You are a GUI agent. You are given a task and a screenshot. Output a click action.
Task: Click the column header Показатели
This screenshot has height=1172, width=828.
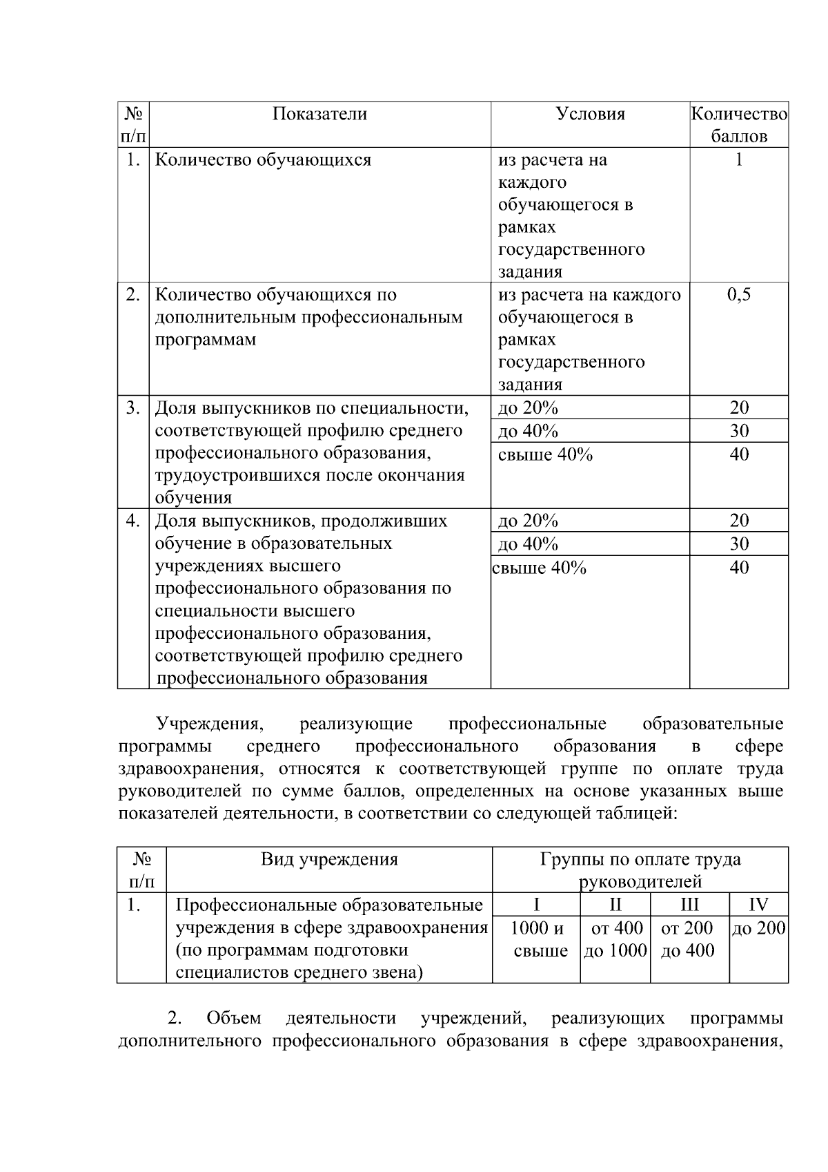click(319, 114)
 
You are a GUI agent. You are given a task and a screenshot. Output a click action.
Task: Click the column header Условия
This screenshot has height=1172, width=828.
click(590, 114)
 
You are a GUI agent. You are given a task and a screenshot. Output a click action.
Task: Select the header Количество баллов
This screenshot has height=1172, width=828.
click(739, 124)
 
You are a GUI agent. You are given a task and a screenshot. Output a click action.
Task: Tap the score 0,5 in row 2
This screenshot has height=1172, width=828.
click(739, 295)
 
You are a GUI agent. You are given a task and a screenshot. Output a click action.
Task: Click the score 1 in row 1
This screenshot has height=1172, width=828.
click(739, 160)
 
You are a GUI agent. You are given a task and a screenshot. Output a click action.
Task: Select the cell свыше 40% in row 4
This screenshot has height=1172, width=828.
click(539, 568)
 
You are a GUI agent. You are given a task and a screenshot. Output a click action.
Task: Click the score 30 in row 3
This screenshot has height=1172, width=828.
click(739, 431)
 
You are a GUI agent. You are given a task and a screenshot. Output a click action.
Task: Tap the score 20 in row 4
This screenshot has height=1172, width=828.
click(739, 521)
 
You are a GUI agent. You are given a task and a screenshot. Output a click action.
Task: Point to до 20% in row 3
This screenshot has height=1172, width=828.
click(528, 407)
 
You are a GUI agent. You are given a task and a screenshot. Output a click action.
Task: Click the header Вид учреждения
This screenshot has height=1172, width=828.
click(329, 859)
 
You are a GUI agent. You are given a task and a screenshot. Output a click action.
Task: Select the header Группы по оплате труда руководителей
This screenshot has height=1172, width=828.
click(640, 870)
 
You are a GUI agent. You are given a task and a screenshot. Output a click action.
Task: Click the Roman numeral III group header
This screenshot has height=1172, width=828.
click(689, 905)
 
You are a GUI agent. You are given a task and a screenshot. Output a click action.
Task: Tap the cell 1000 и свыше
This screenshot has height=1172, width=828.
click(537, 939)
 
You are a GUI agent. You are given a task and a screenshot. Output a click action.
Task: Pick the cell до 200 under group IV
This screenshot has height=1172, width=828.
click(758, 928)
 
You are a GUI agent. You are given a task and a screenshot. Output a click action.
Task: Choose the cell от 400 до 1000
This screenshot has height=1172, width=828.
click(615, 939)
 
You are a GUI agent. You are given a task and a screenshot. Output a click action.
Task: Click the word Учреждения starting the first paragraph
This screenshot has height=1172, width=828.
click(210, 724)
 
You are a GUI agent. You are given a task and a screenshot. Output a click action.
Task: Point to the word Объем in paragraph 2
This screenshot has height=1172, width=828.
click(233, 1018)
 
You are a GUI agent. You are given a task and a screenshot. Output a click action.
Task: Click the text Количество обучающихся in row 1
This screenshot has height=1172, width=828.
click(263, 160)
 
